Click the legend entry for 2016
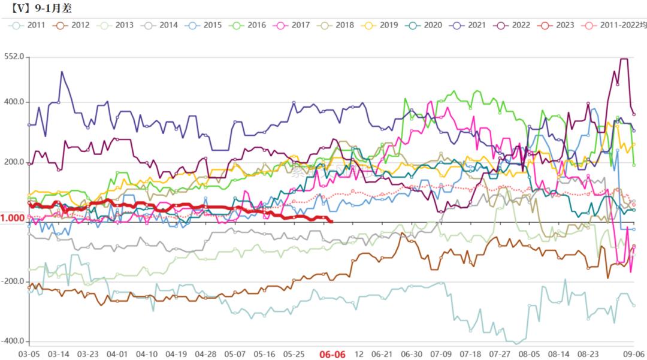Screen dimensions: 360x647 tap(249, 25)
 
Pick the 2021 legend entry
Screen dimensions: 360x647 tap(468, 25)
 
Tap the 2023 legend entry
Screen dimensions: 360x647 tap(556, 25)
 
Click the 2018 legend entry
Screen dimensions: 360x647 tap(337, 25)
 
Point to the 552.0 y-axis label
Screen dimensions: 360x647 tap(13, 57)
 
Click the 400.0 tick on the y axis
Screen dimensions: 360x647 tap(13, 102)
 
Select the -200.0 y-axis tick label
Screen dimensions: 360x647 tap(11, 282)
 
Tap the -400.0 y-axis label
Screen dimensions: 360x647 tap(11, 341)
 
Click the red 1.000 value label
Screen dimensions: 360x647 tap(12, 218)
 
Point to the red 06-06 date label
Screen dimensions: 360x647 tap(332, 354)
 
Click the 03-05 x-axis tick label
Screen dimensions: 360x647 tap(29, 354)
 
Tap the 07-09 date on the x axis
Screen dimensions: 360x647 tap(441, 354)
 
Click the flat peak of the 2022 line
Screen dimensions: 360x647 tap(623, 59)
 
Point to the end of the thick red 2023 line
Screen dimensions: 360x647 tap(332, 221)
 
